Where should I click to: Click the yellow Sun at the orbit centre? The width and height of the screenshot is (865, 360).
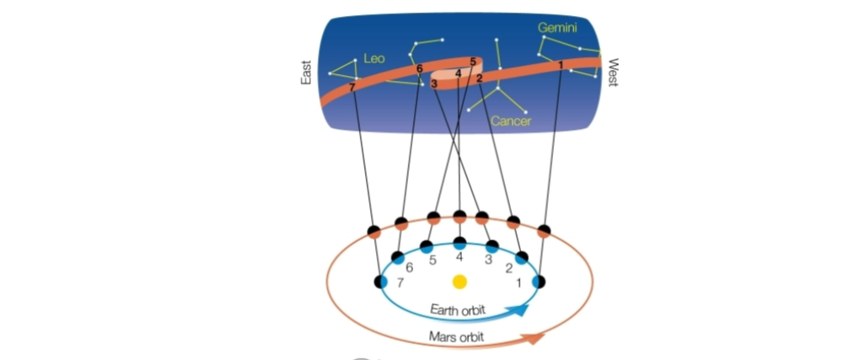[459, 281]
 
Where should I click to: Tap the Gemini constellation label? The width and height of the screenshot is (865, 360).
[558, 28]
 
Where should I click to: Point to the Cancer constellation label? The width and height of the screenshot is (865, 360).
[512, 122]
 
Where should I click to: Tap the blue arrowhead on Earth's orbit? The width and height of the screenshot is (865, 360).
[522, 309]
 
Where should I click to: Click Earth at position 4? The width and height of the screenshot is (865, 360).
[459, 243]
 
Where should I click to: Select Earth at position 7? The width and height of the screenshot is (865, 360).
[381, 281]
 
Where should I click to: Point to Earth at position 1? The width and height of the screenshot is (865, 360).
[539, 281]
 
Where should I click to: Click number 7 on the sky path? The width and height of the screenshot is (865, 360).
[352, 86]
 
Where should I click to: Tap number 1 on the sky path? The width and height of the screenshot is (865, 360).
[561, 63]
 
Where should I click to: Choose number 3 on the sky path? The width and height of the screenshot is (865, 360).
[433, 83]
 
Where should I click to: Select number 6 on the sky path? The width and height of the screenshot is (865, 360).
[419, 68]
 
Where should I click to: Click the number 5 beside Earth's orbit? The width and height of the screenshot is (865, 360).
[432, 261]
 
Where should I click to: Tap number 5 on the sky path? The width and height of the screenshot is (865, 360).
[473, 62]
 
